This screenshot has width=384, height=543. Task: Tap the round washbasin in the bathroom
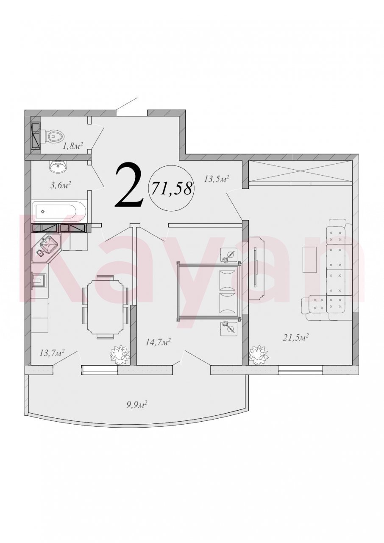pyautogui.click(x=58, y=167)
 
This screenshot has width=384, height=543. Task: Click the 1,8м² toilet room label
pyautogui.click(x=72, y=146)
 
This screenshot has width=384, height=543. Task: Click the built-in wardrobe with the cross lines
pyautogui.click(x=300, y=173)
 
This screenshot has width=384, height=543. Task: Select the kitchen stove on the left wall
pyautogui.click(x=39, y=281)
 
